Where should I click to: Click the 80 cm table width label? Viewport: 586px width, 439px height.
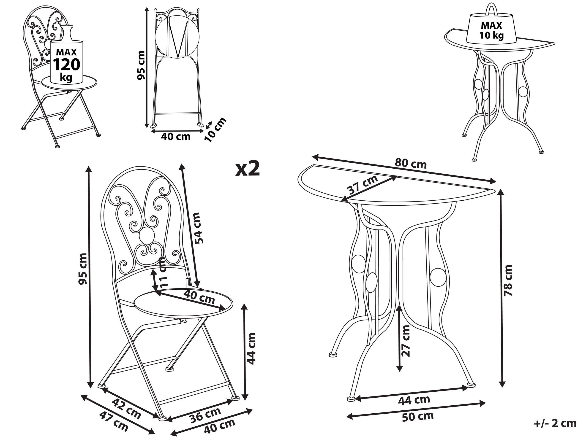pos(411,164)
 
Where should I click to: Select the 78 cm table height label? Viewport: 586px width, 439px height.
pos(508,280)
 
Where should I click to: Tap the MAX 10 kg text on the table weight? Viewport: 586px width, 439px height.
pos(491,30)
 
